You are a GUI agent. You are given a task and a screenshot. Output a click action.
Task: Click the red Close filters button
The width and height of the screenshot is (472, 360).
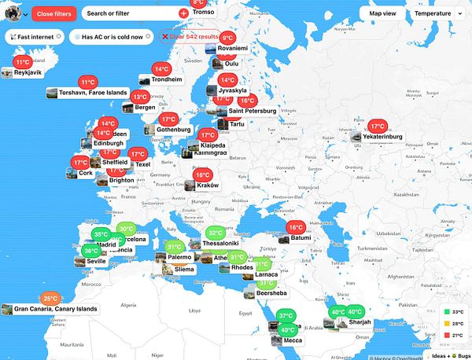[54, 13]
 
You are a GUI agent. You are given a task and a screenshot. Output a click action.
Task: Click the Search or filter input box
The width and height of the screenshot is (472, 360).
[131, 13]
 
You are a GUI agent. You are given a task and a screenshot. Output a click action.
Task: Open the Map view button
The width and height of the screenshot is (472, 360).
[382, 13]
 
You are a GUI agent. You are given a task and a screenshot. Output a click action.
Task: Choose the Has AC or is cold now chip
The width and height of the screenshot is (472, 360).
[112, 37]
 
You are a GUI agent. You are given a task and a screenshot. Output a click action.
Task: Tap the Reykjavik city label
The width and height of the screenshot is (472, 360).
[22, 72]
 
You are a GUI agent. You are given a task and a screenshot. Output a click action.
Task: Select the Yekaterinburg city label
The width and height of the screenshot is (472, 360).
[382, 137]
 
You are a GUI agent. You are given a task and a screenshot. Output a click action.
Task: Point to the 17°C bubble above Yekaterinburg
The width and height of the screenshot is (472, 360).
[378, 126]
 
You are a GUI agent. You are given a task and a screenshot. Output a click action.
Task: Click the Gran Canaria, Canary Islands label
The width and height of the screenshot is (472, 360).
[55, 309]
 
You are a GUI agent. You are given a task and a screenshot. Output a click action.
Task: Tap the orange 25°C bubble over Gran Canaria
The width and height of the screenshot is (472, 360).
[51, 299]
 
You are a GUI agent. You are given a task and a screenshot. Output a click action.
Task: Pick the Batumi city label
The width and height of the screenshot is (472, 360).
[301, 237]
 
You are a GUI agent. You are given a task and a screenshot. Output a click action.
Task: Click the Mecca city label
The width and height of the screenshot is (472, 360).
[292, 340]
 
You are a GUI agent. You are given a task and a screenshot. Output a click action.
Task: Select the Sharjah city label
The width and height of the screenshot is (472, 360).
[360, 322]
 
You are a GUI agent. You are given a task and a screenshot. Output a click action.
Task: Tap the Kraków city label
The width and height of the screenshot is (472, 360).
[208, 186]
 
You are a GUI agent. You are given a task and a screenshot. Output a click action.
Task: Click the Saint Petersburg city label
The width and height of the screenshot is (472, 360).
[253, 111]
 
